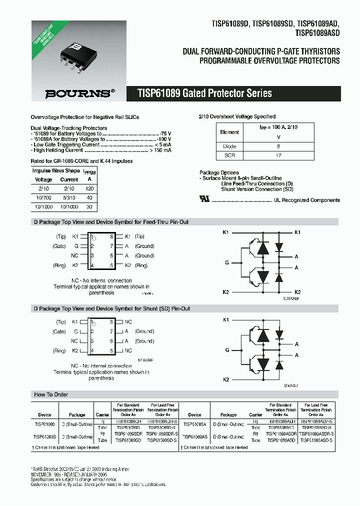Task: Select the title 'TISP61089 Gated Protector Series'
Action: (x=204, y=93)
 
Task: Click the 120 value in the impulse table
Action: (x=89, y=188)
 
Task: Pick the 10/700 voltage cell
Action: (x=43, y=197)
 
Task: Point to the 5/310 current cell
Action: (x=69, y=197)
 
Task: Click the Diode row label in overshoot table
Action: (x=229, y=146)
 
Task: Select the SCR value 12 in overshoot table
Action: (x=278, y=155)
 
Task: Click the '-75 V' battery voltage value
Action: (x=165, y=133)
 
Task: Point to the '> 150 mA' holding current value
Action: (x=160, y=150)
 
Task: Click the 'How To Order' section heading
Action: (x=51, y=394)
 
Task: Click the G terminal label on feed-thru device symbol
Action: (x=226, y=262)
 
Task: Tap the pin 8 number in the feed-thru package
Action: (x=111, y=236)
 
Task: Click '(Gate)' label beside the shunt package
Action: (x=59, y=331)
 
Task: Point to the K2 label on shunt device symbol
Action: (x=225, y=380)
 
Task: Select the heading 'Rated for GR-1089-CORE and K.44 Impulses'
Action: (x=82, y=161)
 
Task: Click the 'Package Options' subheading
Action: (x=219, y=172)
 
